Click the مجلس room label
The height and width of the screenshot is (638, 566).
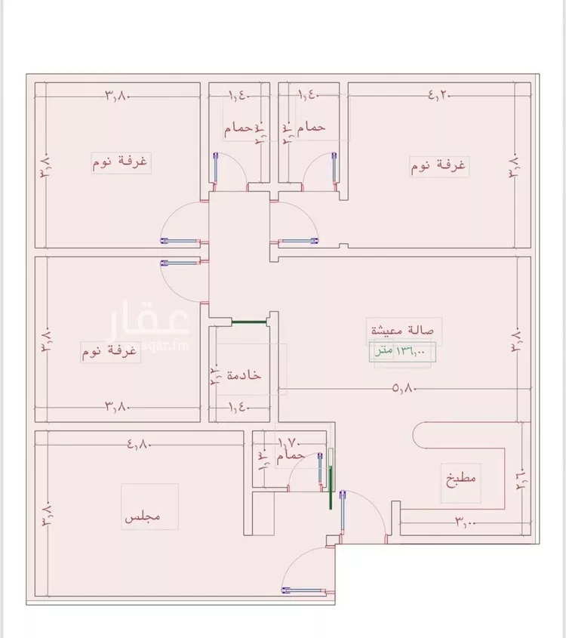point(143,518)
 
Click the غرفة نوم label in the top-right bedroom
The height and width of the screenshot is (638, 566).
point(438,165)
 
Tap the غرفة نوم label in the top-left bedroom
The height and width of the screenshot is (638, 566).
point(121,162)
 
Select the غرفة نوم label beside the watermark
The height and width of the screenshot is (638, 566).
point(110,351)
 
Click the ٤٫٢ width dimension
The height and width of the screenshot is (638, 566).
point(438,95)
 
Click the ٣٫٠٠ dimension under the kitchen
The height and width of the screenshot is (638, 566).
point(465,521)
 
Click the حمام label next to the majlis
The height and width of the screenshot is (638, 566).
point(291,456)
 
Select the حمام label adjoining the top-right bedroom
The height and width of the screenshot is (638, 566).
point(310,128)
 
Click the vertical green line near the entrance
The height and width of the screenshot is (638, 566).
point(331,488)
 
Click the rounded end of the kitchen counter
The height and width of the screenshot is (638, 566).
point(418,439)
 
